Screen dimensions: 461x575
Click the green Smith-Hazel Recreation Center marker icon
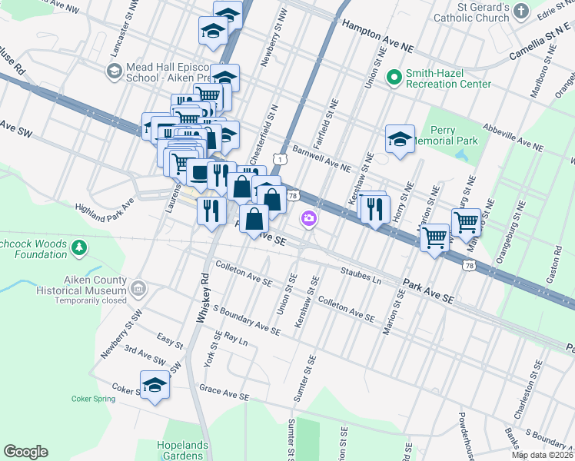tap(394, 77)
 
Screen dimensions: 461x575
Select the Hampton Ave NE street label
tap(377, 36)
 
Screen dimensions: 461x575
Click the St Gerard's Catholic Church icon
tap(521, 11)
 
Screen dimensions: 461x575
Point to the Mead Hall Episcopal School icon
tap(114, 71)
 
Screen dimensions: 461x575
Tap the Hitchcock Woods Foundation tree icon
tap(78, 247)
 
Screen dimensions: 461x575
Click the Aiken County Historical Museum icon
tap(138, 290)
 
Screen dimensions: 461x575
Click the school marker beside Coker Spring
tap(155, 385)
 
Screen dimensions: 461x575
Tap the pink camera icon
tap(308, 219)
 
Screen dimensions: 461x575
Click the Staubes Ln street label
tap(361, 275)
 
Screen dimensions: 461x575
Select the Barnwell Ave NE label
tap(321, 158)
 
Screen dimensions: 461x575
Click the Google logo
tap(25, 452)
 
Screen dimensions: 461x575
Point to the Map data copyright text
tap(543, 455)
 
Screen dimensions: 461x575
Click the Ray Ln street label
tap(236, 338)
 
